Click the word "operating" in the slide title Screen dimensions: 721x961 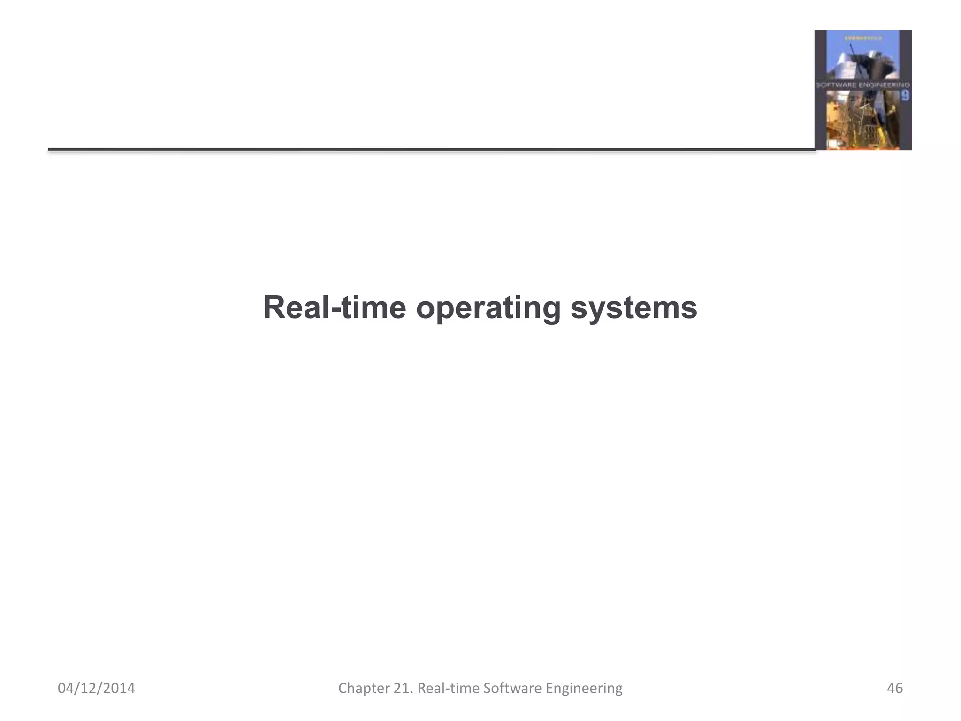tap(488, 308)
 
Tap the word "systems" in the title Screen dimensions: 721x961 tap(633, 308)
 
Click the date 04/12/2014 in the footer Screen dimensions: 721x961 tap(96, 688)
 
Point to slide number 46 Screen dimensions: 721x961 tap(895, 688)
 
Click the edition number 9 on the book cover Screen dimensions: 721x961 tap(905, 96)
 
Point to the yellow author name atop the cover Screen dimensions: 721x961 tap(862, 37)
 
